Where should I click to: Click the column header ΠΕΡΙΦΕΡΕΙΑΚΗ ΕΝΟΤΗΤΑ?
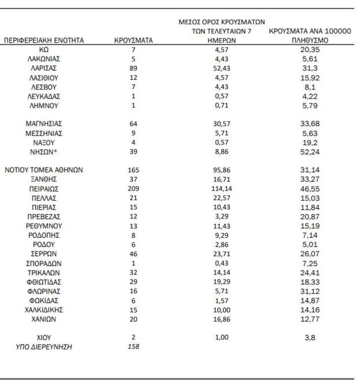click(44, 41)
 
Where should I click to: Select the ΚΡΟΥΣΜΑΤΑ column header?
click(133, 41)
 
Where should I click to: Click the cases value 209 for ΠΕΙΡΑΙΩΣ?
click(133, 189)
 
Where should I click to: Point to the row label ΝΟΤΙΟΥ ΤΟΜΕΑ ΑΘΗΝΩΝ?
click(44, 170)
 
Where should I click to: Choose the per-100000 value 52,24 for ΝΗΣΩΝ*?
click(309, 151)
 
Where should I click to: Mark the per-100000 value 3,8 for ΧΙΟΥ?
click(309, 338)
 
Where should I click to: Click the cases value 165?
click(133, 170)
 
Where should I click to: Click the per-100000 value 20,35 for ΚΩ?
click(309, 50)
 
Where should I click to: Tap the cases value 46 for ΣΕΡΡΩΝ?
click(133, 253)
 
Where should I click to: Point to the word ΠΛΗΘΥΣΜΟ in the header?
click(309, 41)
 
